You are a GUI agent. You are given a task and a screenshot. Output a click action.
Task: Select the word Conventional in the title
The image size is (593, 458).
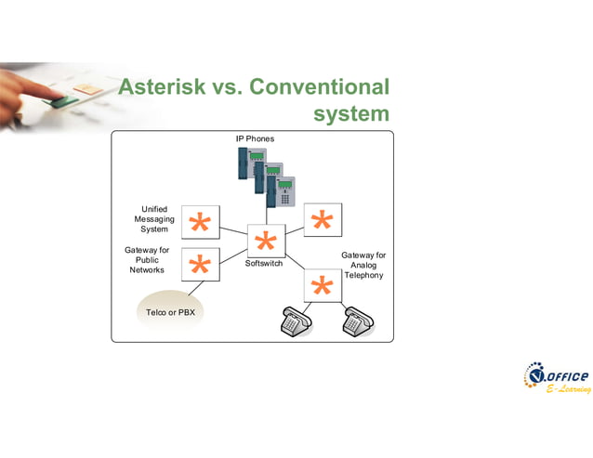[318, 87]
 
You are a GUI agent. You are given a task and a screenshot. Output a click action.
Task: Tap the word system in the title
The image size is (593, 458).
[351, 114]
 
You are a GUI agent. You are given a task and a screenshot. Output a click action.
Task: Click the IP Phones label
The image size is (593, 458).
[255, 139]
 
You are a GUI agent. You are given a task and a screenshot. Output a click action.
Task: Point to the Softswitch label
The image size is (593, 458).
[263, 264]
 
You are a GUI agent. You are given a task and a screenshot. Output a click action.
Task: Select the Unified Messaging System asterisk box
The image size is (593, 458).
[200, 223]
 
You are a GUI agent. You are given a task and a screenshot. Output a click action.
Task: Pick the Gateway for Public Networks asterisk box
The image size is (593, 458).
[200, 265]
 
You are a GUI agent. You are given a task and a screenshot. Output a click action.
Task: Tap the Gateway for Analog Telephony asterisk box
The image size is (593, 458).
[323, 285]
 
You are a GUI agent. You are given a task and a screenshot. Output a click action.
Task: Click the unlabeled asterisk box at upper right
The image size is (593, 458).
[323, 220]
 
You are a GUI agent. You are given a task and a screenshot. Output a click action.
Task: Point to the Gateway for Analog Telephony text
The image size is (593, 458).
[363, 265]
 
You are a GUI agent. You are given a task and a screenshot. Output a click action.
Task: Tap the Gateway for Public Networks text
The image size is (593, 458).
[147, 260]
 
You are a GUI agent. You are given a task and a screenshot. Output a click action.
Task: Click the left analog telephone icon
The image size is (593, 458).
[296, 321]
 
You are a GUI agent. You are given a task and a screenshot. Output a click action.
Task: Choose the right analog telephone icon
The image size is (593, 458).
[357, 321]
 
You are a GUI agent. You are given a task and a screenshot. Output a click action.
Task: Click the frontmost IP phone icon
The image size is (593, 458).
[281, 191]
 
